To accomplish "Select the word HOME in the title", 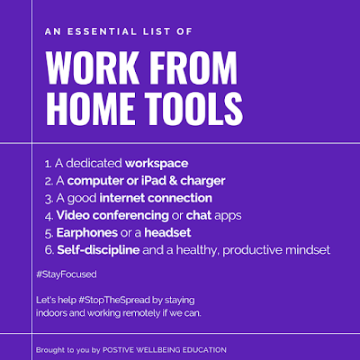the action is click(90, 109).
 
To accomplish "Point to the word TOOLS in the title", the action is click(194, 109).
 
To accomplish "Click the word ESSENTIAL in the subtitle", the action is click(102, 31).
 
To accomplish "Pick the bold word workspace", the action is click(157, 164).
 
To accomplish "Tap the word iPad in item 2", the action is click(155, 181).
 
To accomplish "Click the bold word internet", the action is click(122, 198).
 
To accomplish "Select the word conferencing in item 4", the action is click(130, 216).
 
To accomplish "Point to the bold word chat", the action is click(199, 215).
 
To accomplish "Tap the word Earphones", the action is click(87, 233).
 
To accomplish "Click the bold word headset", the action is click(167, 233).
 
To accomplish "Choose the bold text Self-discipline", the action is click(98, 250).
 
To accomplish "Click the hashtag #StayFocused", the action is click(67, 274).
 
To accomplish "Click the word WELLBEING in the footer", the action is click(157, 350).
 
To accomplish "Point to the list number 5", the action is click(49, 234).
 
